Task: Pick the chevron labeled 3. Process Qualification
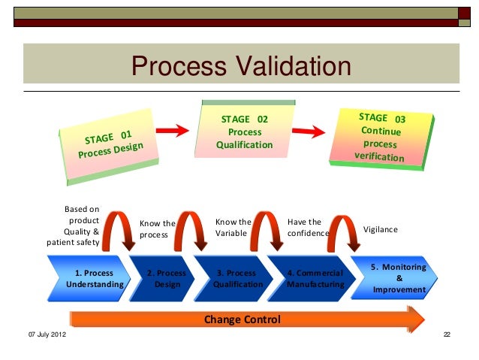pos(238,279)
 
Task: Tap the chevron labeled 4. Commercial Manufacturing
pos(315,279)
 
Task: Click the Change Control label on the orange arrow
pos(243,320)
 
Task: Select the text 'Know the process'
pos(157,229)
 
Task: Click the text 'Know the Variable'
pos(233,228)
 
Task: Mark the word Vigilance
pos(381,229)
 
